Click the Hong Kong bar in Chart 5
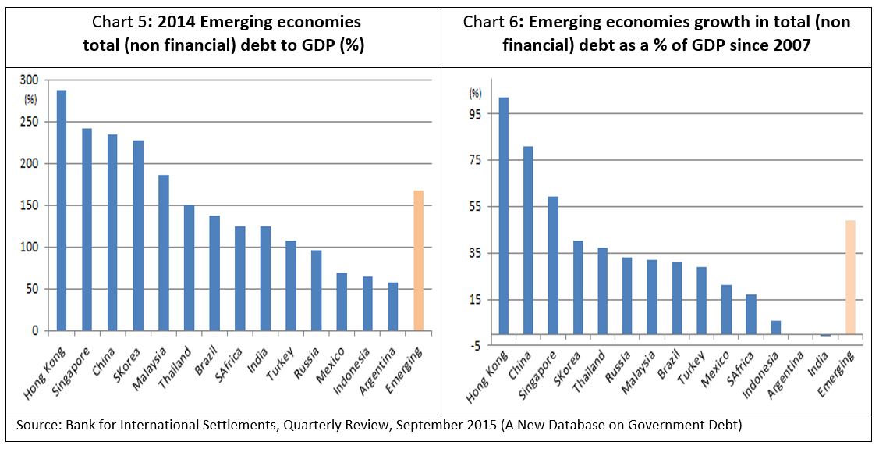pyautogui.click(x=62, y=211)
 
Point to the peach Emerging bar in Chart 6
pyautogui.click(x=850, y=278)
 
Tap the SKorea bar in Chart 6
pyautogui.click(x=578, y=288)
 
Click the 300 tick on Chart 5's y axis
pyautogui.click(x=29, y=80)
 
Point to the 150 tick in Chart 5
pyautogui.click(x=29, y=205)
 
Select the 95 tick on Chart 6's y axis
pyautogui.click(x=475, y=113)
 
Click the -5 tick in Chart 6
pyautogui.click(x=475, y=346)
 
